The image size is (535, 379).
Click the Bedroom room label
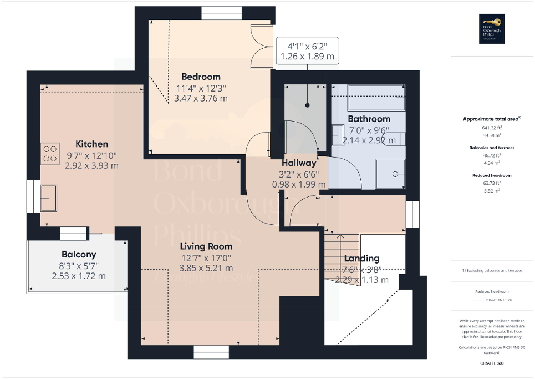coord(201,77)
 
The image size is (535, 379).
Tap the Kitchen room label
coord(92,144)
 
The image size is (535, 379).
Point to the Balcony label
coord(79,255)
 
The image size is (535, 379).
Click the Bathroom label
coord(369,119)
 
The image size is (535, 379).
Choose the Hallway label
coord(299,163)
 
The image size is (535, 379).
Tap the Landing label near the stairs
coord(361,259)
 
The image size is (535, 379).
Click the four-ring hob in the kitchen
coord(50,154)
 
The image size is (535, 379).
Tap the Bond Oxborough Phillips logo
coord(492,29)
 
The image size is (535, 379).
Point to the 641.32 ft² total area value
coord(492,128)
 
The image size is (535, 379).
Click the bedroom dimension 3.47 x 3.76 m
coord(201,98)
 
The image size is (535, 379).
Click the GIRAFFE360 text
coord(492,364)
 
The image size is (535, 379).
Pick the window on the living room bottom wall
coord(211,352)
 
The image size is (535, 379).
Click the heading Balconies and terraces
coord(492,148)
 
